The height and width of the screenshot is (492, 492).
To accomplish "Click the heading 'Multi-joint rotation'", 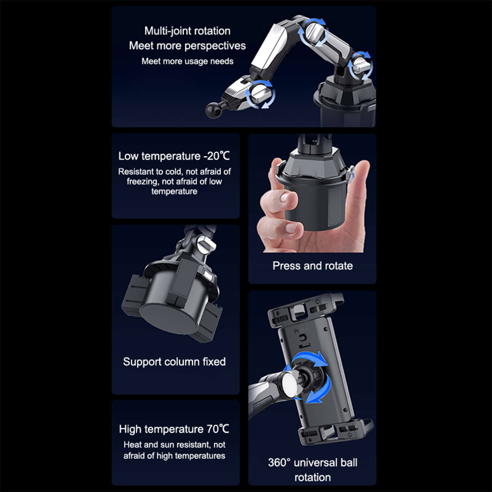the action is coord(187,31).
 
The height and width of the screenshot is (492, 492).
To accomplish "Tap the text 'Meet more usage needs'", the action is coord(187,61).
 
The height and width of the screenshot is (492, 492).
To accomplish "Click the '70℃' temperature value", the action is coord(218,429).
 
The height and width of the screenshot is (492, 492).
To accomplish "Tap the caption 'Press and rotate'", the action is coord(312,266).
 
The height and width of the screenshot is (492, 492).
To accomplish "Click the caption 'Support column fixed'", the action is coord(174,362).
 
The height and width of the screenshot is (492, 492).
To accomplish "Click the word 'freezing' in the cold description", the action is coord(142,181).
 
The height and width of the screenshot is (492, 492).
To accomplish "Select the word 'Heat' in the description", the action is coord(133,445).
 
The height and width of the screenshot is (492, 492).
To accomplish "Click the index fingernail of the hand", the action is coord(284,197).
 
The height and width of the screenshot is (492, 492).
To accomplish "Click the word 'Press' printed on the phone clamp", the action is coord(300,331).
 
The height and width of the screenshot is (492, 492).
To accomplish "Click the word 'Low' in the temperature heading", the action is coord(128,156).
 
